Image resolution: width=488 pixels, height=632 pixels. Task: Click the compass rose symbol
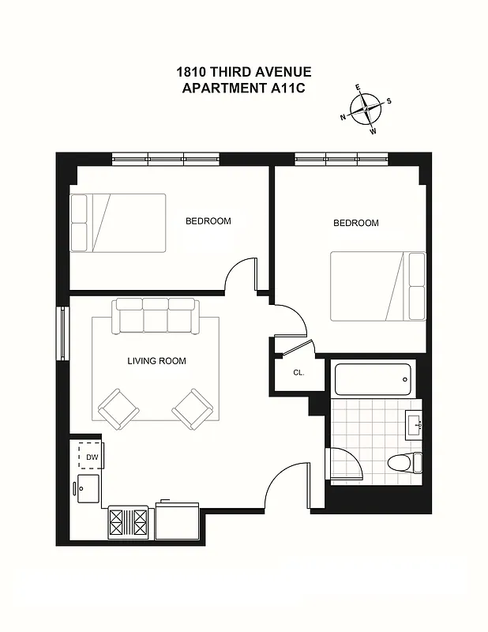tap(365, 110)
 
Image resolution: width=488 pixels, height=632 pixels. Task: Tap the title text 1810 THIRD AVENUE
tap(244, 72)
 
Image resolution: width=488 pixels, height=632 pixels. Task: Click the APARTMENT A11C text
tap(244, 88)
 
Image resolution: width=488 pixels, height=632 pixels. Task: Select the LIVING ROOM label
tap(156, 361)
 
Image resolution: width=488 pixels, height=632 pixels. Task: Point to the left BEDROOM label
tap(208, 221)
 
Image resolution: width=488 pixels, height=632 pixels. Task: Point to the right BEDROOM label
tap(355, 224)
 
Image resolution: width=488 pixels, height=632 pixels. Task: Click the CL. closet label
tap(298, 372)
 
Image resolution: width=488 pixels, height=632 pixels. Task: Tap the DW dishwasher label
tap(92, 457)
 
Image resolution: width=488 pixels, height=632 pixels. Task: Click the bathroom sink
tap(415, 425)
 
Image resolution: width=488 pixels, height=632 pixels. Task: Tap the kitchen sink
tap(88, 488)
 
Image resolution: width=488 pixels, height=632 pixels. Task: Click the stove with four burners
tap(129, 521)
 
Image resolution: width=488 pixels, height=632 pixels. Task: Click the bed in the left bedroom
tap(118, 223)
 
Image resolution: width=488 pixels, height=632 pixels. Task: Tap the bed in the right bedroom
tap(377, 286)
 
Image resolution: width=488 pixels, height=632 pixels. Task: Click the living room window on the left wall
tap(62, 333)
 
